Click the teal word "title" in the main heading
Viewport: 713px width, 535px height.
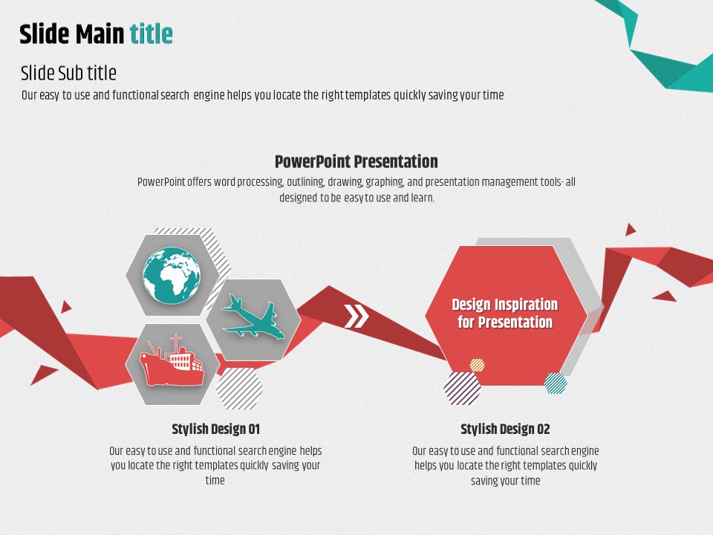click(x=151, y=33)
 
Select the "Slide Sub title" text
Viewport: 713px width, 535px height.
click(x=68, y=73)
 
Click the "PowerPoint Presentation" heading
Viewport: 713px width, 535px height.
click(x=356, y=161)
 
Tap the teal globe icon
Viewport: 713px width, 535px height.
click(x=172, y=275)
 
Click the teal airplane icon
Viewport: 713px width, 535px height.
click(x=253, y=317)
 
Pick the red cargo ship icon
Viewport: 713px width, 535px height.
click(x=172, y=360)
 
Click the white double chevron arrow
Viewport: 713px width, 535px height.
click(x=356, y=317)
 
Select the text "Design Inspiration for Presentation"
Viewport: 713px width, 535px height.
click(x=505, y=313)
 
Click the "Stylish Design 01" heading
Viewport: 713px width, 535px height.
click(x=216, y=429)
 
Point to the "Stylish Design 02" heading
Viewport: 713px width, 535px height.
click(x=505, y=429)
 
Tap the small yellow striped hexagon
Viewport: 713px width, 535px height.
click(x=477, y=365)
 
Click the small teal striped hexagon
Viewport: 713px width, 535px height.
click(x=556, y=383)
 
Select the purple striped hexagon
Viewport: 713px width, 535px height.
click(x=463, y=388)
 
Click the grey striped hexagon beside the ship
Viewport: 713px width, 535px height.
click(x=239, y=388)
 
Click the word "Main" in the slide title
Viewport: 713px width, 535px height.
click(x=100, y=34)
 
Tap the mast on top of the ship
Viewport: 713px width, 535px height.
click(x=175, y=343)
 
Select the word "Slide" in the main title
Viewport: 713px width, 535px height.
click(x=44, y=34)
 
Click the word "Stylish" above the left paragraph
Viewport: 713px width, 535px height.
click(x=190, y=429)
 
